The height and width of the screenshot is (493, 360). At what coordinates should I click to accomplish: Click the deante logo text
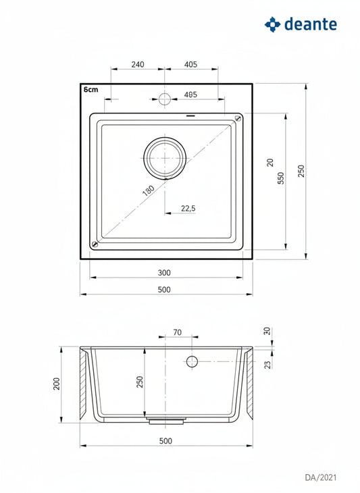310,24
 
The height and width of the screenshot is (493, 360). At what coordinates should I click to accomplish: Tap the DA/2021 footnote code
321,477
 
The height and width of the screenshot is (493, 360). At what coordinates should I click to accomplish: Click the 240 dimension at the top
138,64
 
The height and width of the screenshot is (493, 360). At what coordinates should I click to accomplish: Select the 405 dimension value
190,64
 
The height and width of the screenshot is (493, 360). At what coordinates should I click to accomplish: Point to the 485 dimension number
190,95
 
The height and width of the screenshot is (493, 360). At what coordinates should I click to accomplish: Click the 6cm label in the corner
91,90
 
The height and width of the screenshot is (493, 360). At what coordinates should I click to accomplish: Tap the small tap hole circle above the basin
164,99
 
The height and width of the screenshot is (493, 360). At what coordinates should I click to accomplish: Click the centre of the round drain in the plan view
165,158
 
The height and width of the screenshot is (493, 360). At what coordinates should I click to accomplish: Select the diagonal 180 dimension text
149,190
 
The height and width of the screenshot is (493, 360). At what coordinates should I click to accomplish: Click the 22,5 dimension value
188,208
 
